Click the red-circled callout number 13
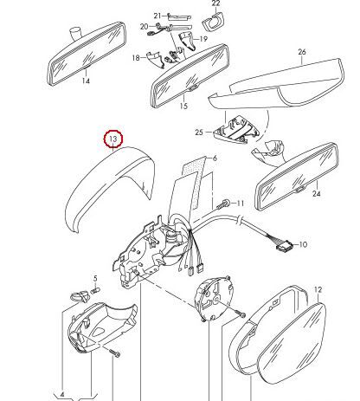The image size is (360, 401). click(113, 139)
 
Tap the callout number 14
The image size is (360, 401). click(86, 81)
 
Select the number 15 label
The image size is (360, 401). click(183, 107)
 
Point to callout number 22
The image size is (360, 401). click(215, 3)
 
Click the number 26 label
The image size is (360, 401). click(302, 52)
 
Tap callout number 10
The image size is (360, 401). click(302, 245)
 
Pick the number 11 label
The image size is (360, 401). click(241, 204)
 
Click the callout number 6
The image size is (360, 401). click(215, 158)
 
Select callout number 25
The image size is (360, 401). click(198, 133)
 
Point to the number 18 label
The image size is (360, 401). click(136, 57)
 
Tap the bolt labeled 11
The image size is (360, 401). click(225, 204)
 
